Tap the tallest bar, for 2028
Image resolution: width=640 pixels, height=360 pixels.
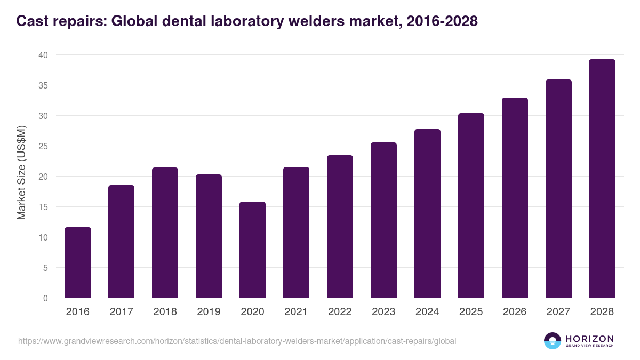coord(602,179)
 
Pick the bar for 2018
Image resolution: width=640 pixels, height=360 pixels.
coord(165,233)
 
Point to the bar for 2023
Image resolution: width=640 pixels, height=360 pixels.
coord(384,220)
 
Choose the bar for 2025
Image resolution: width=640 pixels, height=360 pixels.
coord(471,205)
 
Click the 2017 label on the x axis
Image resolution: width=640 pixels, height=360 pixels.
coord(122,312)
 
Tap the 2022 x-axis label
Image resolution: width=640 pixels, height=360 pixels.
coord(340,312)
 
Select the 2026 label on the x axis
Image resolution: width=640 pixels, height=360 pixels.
coord(515,312)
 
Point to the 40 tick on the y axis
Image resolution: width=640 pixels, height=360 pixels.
coord(43,55)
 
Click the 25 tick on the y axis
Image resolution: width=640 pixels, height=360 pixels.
coord(43,146)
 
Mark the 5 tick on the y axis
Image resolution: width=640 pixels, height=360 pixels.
coord(46,268)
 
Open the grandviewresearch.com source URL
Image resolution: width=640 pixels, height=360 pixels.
coord(237,341)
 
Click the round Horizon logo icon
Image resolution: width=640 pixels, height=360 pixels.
coord(553,341)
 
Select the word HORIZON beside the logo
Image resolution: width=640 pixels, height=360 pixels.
coord(590,338)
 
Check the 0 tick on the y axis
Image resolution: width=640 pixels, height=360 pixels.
coord(46,298)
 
